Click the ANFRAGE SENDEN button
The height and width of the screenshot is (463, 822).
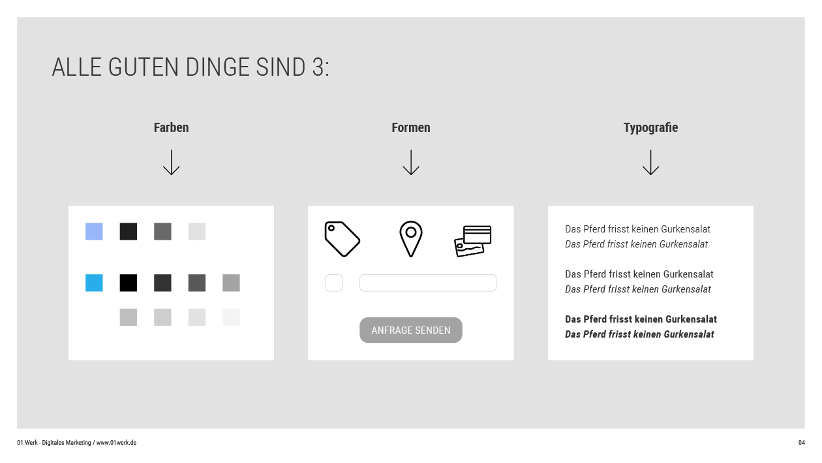click(x=410, y=330)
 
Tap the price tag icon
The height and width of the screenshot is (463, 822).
click(x=342, y=239)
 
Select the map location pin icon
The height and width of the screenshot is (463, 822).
click(x=410, y=239)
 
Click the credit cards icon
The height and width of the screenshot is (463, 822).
click(x=472, y=241)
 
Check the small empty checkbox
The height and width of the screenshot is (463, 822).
click(x=333, y=283)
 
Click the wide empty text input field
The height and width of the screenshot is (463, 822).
click(x=428, y=283)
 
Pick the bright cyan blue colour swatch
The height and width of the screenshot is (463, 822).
click(x=94, y=283)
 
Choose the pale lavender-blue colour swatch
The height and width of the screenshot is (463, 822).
click(x=94, y=231)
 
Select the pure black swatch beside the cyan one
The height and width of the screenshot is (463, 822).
click(x=128, y=283)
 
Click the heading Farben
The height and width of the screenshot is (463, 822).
click(x=171, y=127)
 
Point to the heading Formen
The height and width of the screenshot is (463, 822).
click(x=410, y=127)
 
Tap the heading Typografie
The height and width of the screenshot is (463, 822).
click(x=650, y=128)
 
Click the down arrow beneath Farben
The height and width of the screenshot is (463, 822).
click(x=171, y=162)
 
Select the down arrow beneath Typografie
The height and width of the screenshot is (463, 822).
click(x=650, y=162)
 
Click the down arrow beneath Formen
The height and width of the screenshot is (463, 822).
click(x=410, y=162)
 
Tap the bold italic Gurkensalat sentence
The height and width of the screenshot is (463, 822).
click(x=639, y=334)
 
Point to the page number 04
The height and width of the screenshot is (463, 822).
click(x=801, y=443)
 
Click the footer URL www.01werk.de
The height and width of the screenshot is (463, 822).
click(x=116, y=443)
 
